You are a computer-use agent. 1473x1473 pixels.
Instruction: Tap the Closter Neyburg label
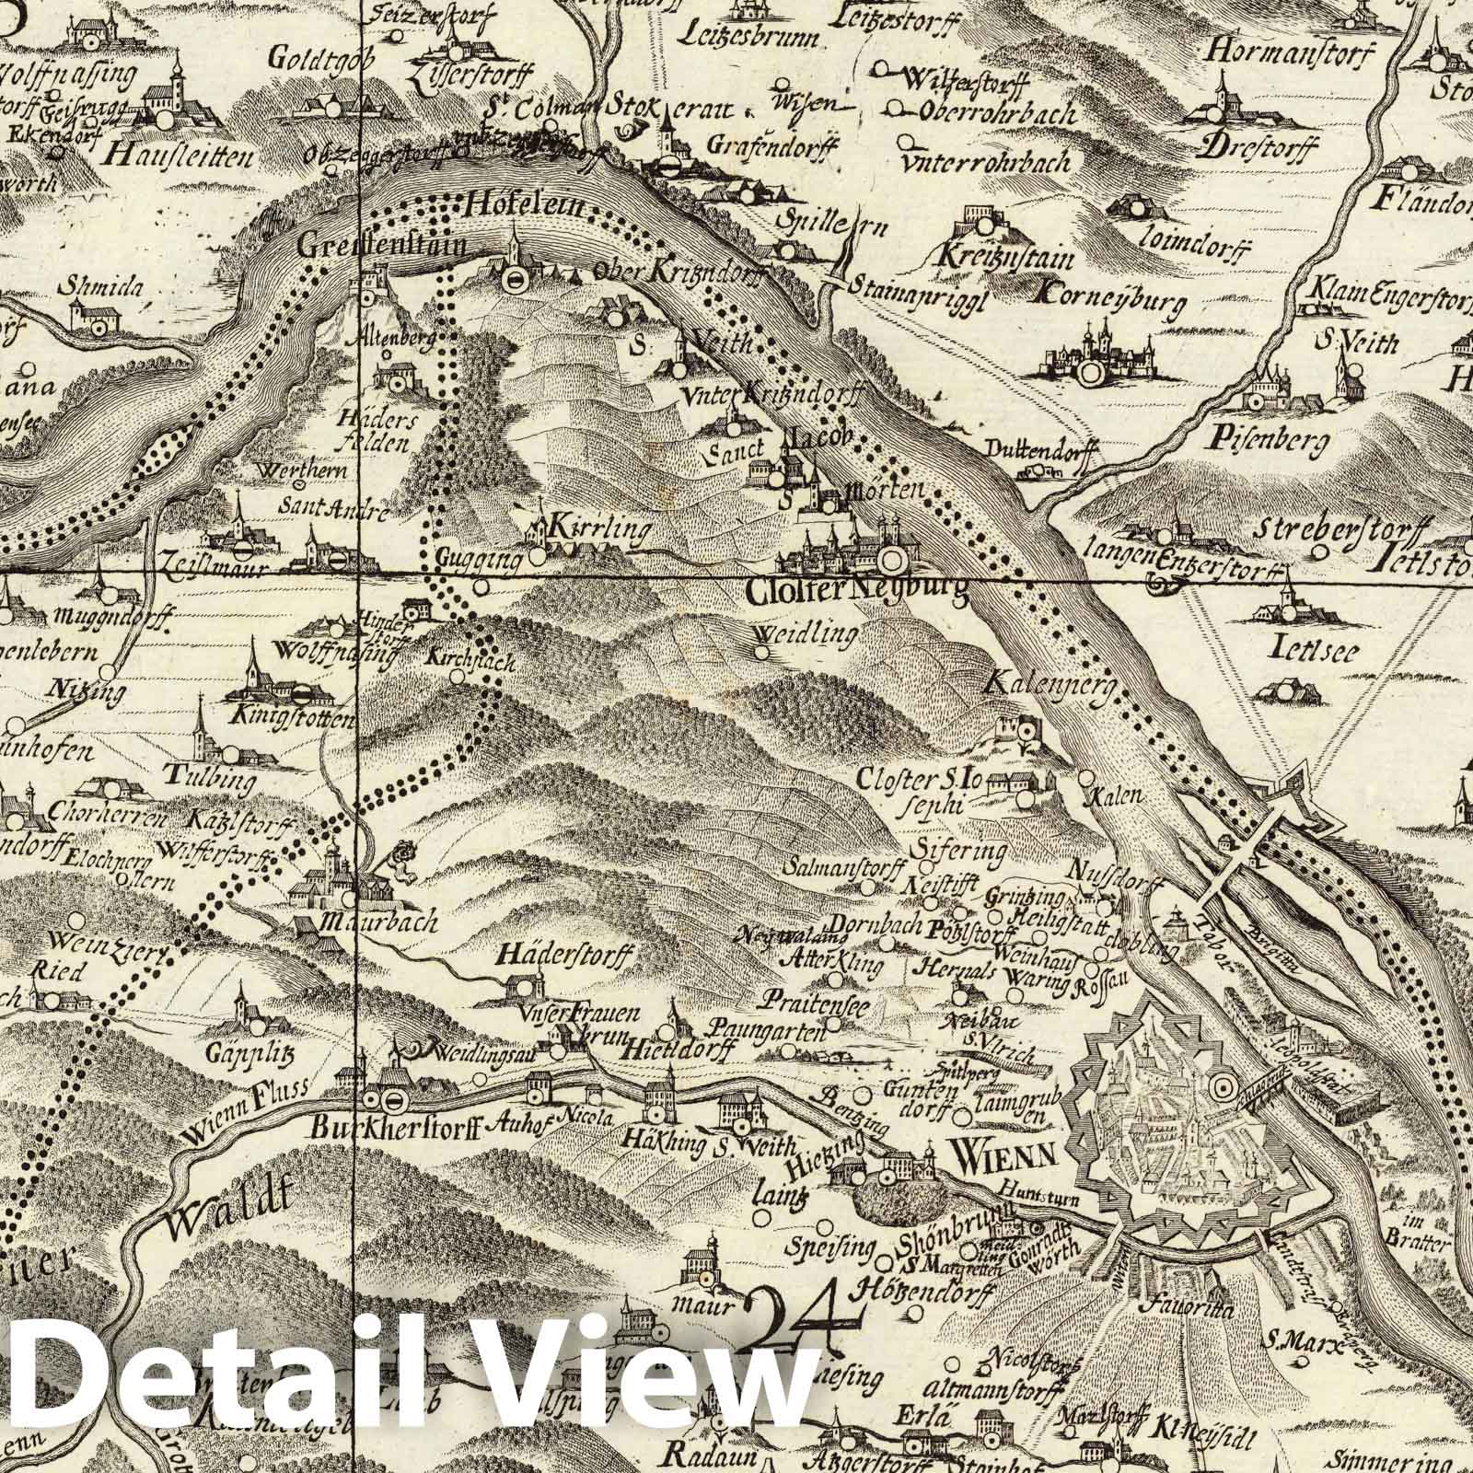(x=857, y=594)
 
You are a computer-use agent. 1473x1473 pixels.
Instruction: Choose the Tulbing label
(x=220, y=783)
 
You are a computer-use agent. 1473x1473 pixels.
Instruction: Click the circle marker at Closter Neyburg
(x=890, y=558)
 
